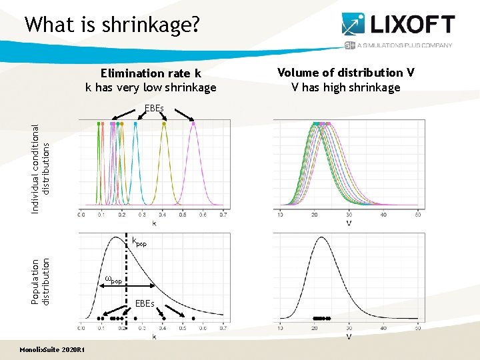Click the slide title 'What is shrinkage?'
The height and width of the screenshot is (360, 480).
tap(111, 25)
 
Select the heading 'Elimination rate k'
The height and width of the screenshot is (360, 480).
tap(151, 73)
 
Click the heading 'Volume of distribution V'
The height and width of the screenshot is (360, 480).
tap(350, 73)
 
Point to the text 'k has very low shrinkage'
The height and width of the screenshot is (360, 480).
tap(151, 87)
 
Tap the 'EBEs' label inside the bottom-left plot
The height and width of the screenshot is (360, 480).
tap(144, 303)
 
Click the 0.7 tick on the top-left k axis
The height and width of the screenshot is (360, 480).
tap(223, 215)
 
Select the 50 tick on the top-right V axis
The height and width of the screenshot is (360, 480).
tap(417, 215)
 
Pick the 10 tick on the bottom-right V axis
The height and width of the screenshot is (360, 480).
tap(279, 328)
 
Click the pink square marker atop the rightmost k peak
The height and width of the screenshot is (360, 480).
tap(193, 123)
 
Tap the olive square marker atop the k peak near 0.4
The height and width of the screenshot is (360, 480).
tap(164, 123)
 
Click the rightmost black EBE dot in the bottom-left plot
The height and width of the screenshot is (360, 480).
tap(193, 319)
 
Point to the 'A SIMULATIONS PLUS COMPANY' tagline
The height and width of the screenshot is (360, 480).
tap(405, 45)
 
